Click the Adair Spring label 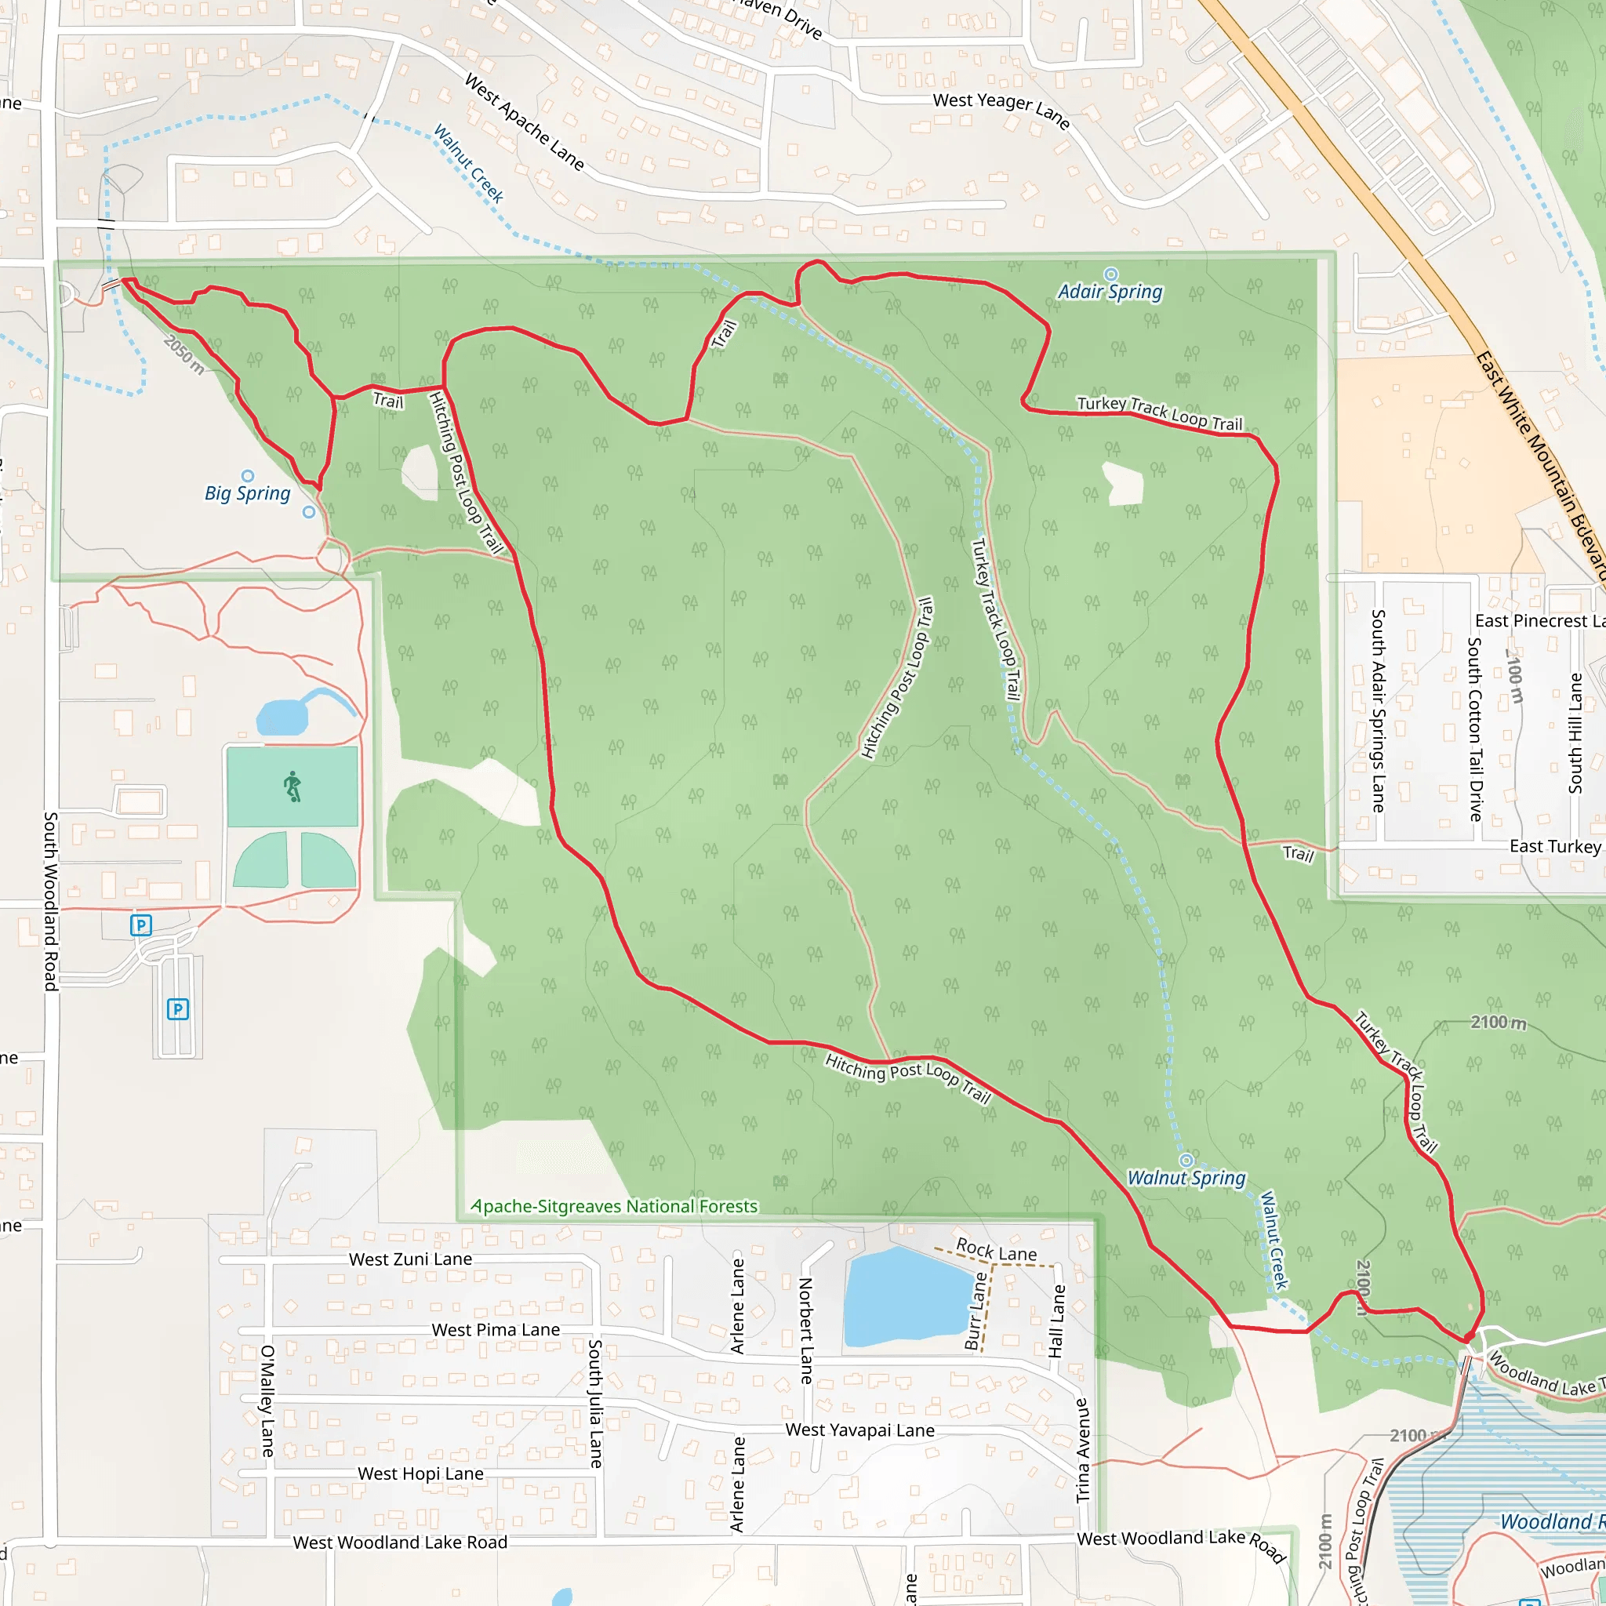pos(1110,292)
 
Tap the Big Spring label pos(248,494)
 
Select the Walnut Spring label pos(1186,1178)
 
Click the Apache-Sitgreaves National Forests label pos(614,1206)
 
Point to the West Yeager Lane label pos(1001,111)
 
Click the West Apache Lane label pos(524,122)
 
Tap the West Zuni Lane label pos(411,1259)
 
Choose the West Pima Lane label pos(496,1330)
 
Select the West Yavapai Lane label pos(859,1430)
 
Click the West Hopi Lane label pos(420,1473)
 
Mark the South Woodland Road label pos(51,901)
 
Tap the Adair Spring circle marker pos(1110,274)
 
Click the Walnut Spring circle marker pos(1186,1161)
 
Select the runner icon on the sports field pos(292,787)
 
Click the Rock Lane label pos(996,1250)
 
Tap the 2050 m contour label pos(183,354)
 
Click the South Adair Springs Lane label pos(1377,710)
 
